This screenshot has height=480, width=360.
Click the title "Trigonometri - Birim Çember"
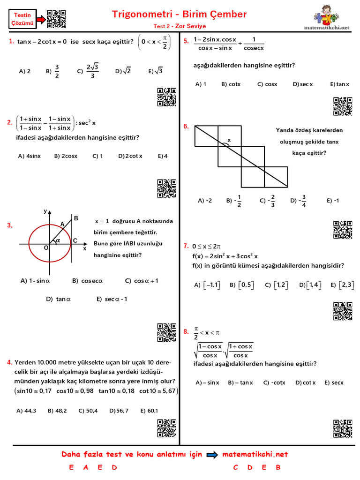click(x=180, y=14)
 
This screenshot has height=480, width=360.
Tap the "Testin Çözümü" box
click(x=22, y=19)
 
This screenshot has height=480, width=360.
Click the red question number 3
click(x=9, y=226)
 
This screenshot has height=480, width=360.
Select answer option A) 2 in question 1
click(x=25, y=71)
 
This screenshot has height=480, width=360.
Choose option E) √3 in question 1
click(x=155, y=71)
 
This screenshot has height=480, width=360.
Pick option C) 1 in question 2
click(x=97, y=156)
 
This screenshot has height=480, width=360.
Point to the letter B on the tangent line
click(x=75, y=218)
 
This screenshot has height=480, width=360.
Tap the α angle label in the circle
click(x=58, y=240)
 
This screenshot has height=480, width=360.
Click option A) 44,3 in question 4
click(x=26, y=411)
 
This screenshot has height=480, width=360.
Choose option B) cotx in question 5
click(x=231, y=84)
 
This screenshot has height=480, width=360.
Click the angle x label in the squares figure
click(x=229, y=140)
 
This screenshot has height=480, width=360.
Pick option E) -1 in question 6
click(x=333, y=201)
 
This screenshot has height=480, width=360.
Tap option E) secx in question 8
click(x=334, y=382)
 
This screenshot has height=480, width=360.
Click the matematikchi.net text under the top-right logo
click(x=334, y=28)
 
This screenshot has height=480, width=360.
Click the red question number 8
click(x=186, y=331)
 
